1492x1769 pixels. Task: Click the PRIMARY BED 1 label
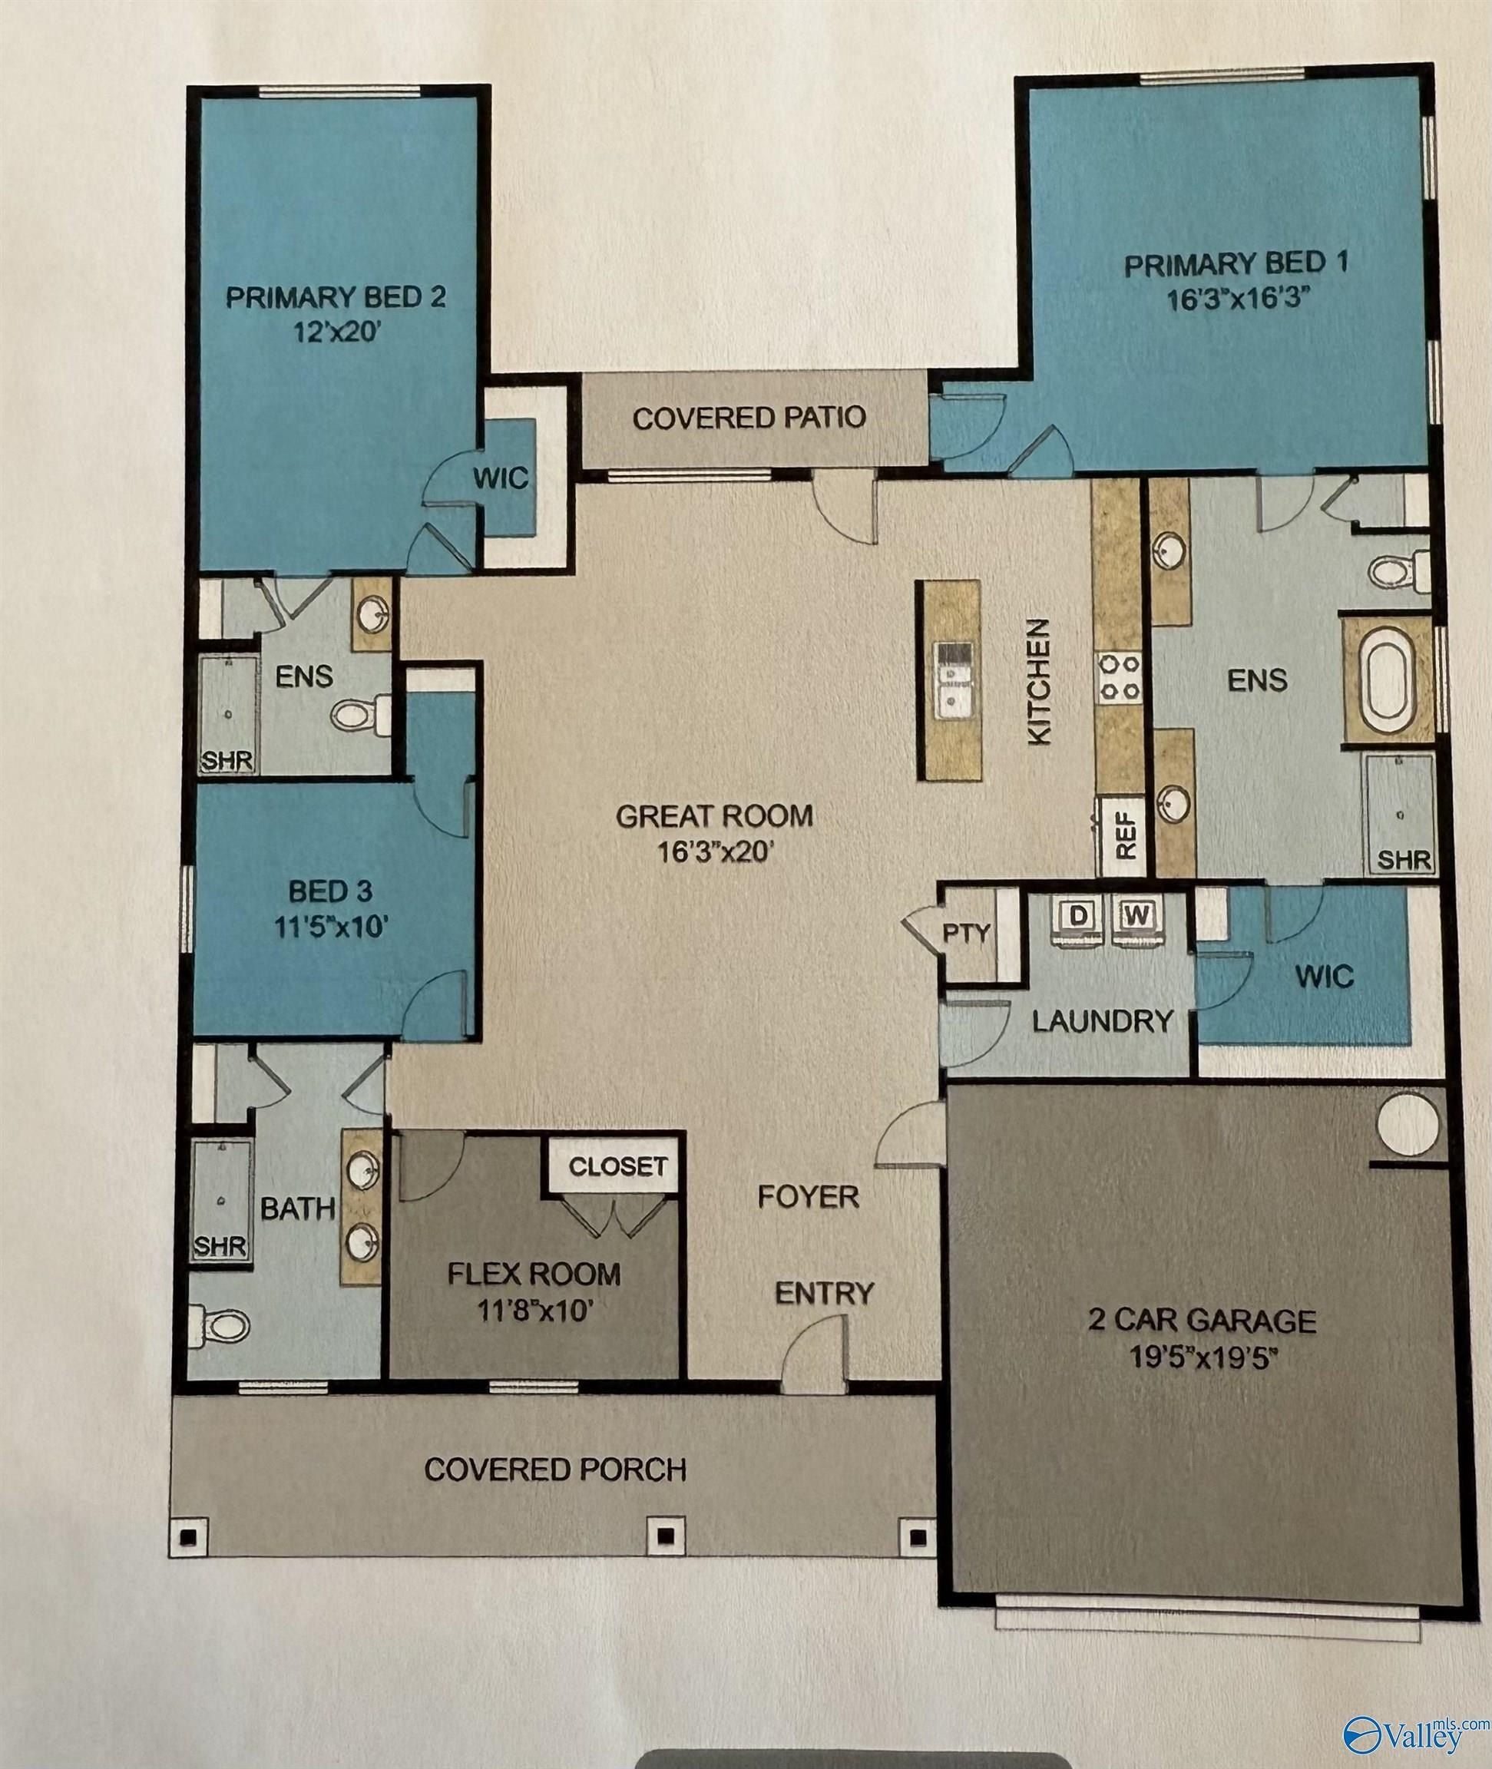tap(1235, 266)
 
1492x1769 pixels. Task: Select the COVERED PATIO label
tap(749, 418)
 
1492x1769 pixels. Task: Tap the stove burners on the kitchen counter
tap(1119, 677)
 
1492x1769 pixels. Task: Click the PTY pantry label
tap(966, 934)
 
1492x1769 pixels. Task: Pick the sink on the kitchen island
tap(953, 677)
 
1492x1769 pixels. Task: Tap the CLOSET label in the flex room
tap(617, 1166)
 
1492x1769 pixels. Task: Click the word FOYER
tap(808, 1196)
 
